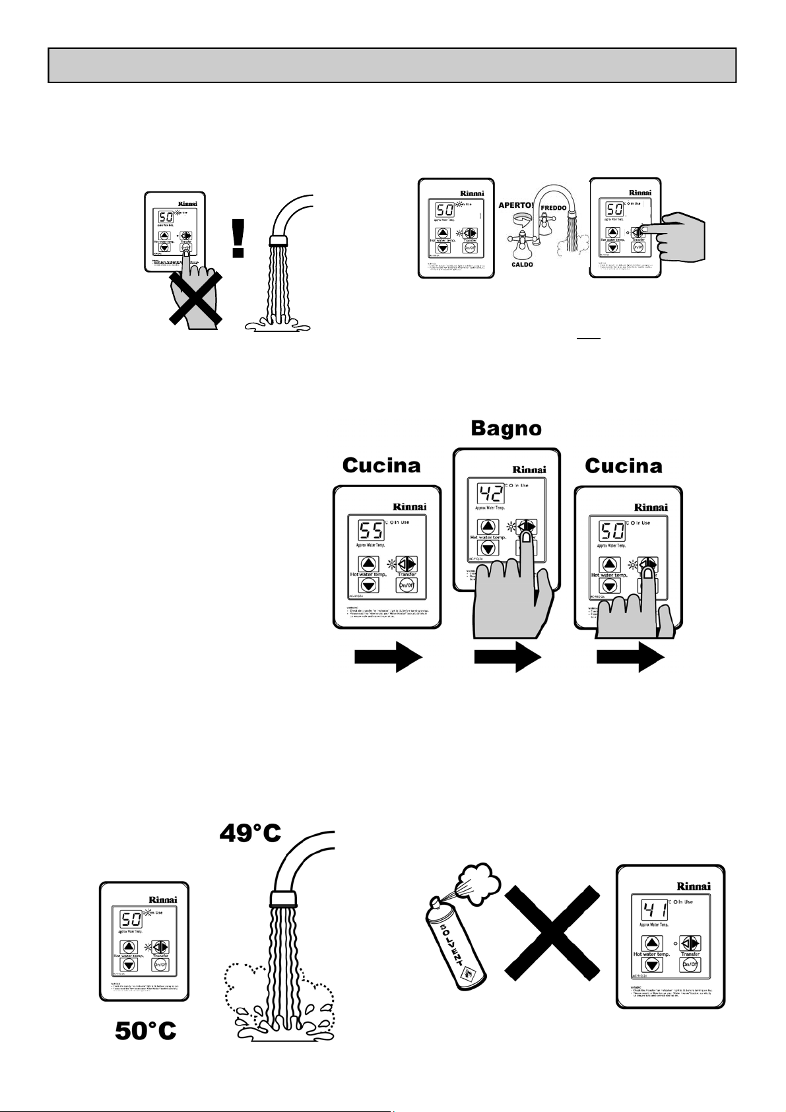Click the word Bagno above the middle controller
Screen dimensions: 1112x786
click(x=506, y=429)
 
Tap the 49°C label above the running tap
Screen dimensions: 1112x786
click(x=249, y=834)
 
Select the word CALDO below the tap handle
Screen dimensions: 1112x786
click(x=521, y=264)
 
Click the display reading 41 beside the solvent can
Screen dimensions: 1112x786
click(x=654, y=911)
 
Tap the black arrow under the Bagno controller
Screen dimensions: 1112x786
click(x=508, y=658)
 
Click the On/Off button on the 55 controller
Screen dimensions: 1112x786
click(x=407, y=585)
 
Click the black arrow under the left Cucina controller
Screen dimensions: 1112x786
click(x=388, y=658)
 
